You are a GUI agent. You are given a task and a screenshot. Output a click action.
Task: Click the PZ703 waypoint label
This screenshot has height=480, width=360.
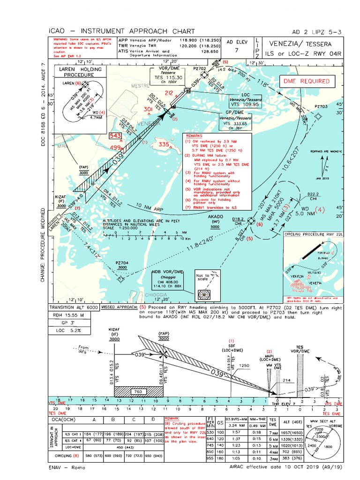(x=321, y=106)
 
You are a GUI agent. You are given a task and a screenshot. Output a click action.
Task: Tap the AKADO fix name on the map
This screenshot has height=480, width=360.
(x=216, y=217)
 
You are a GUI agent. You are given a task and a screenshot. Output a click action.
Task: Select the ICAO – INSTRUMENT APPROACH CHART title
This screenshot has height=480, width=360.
(x=121, y=31)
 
